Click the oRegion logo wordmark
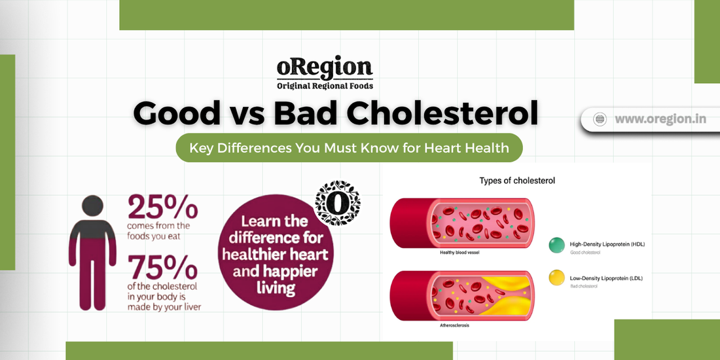(x=325, y=68)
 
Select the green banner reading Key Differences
(x=349, y=148)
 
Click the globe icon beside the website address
(x=599, y=119)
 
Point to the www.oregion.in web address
(x=660, y=119)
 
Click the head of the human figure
(x=92, y=206)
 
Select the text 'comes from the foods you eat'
(x=158, y=231)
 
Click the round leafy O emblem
(x=338, y=203)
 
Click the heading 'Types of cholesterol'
(x=518, y=181)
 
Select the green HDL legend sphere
(x=556, y=245)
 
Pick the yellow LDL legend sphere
(x=556, y=278)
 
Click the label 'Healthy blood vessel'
(x=460, y=253)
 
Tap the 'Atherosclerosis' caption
(x=455, y=325)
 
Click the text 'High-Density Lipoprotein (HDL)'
(x=607, y=244)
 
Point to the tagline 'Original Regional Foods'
(x=325, y=85)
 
